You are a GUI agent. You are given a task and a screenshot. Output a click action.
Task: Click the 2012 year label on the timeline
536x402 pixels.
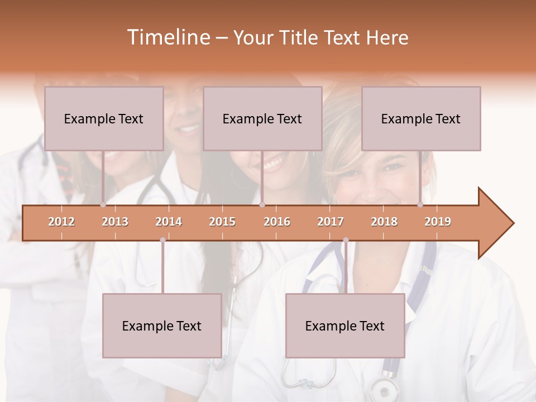61,222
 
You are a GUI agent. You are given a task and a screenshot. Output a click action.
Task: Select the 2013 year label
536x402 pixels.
115,222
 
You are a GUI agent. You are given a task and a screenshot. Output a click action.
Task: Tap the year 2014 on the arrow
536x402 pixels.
169,222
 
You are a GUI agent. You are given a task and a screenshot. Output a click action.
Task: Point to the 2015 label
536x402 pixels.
222,222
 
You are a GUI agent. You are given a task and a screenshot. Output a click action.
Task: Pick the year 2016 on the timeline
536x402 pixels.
277,222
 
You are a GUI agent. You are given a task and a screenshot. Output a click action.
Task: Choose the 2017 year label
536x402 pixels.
331,222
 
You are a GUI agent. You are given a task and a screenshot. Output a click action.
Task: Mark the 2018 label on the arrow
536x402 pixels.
384,222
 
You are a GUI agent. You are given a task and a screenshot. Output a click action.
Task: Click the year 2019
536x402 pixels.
438,222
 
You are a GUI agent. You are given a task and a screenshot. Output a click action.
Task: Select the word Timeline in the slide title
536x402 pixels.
167,37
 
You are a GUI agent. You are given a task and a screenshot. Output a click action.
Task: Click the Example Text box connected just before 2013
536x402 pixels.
104,118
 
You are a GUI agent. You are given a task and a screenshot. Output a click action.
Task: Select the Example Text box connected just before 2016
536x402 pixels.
262,118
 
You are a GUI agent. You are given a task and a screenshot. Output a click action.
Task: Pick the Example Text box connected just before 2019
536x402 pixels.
421,118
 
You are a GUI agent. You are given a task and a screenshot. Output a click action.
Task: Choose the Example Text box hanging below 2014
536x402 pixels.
162,326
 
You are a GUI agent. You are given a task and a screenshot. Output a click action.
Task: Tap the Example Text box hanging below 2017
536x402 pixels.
345,326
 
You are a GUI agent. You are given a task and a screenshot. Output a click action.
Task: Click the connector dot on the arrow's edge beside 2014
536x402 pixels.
162,240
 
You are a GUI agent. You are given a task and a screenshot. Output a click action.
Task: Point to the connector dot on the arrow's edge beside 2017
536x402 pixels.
346,240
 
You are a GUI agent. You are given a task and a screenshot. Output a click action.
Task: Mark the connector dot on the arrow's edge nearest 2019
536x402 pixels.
420,205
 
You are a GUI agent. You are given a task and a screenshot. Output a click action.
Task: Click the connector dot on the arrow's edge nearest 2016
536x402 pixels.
262,205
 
